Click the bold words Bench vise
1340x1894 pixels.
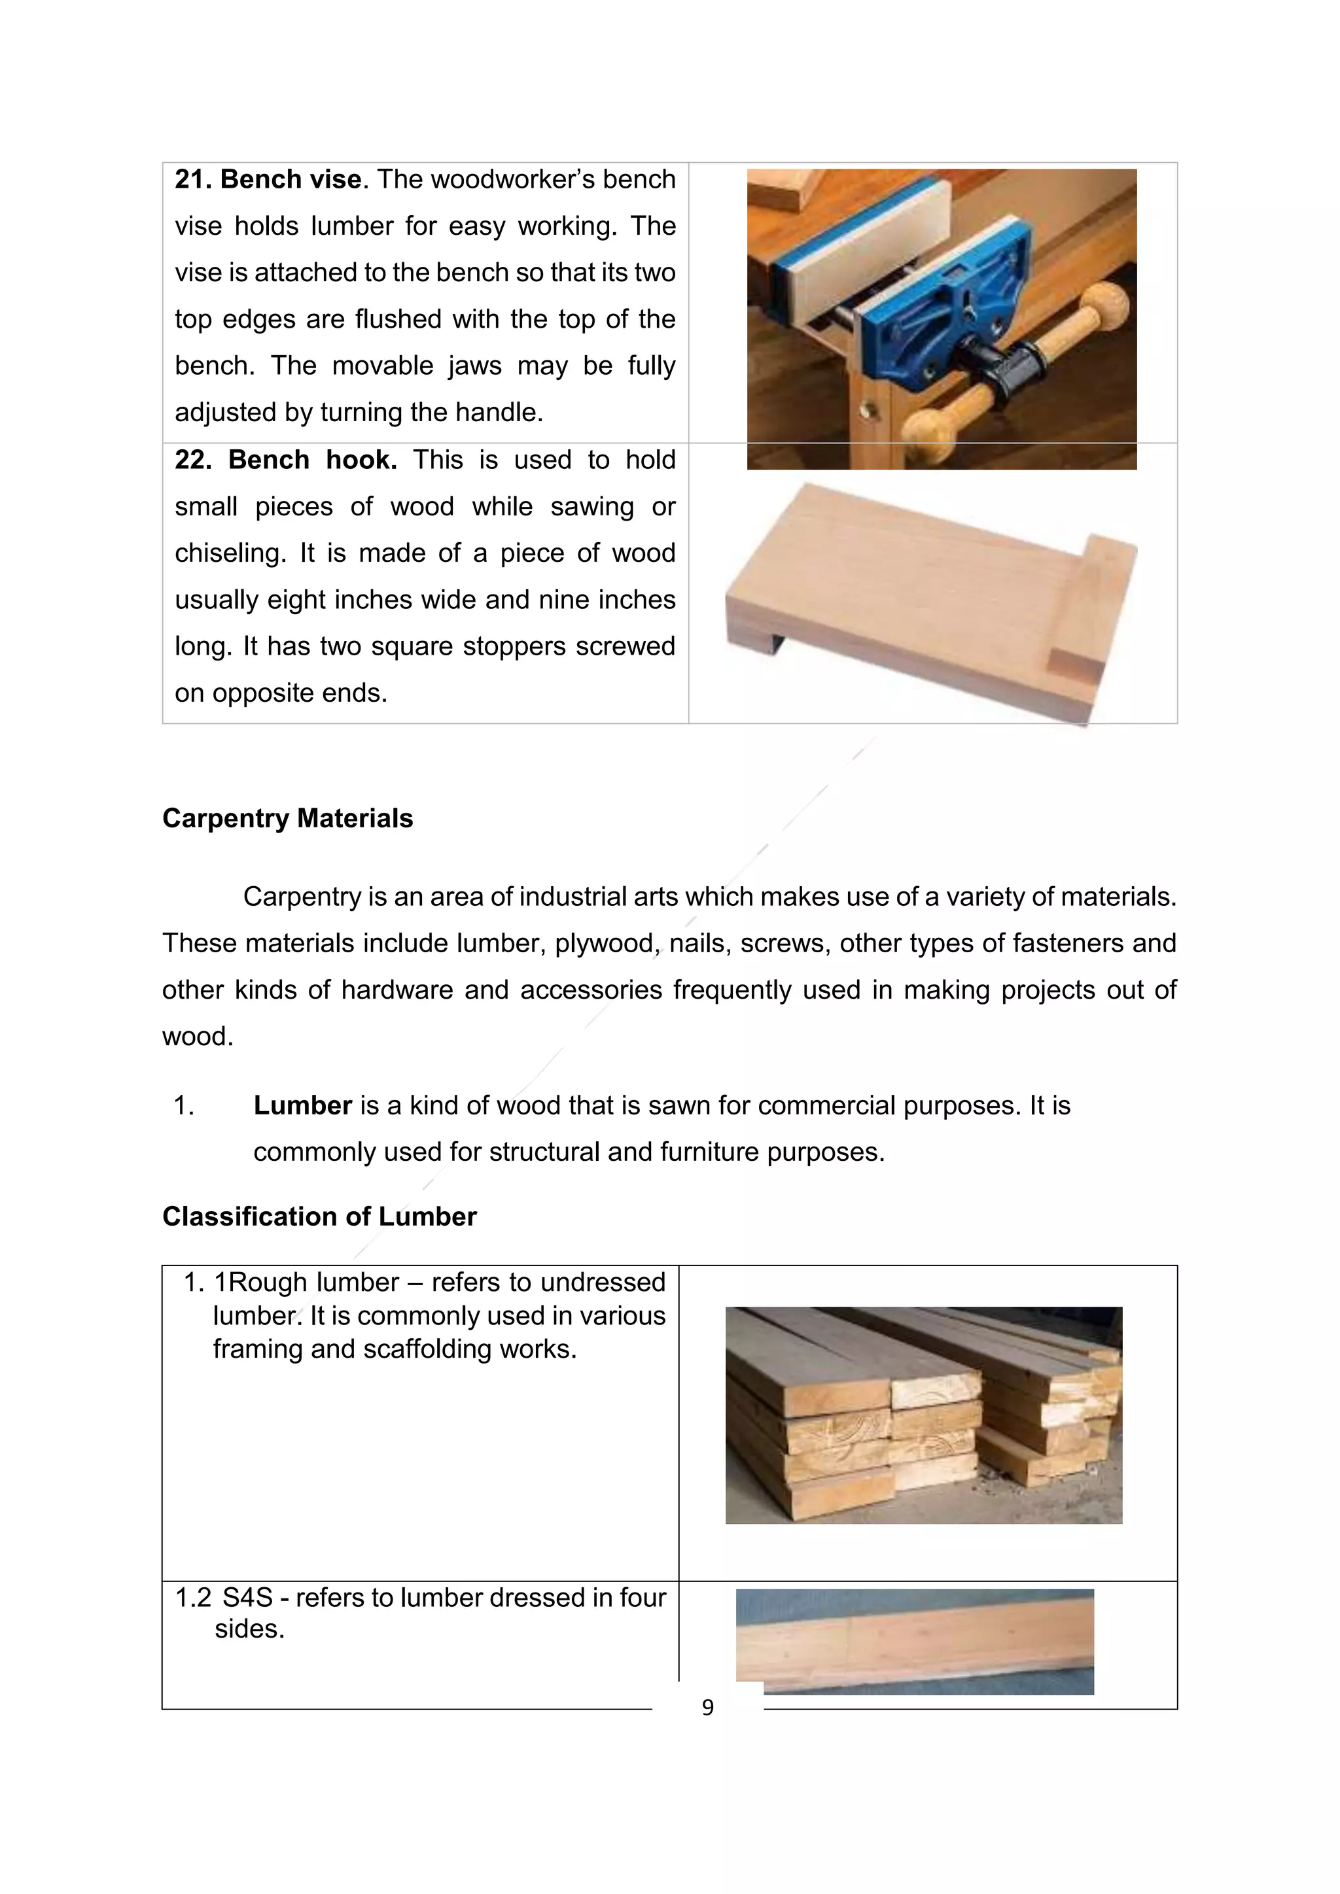291,180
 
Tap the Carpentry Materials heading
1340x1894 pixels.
287,818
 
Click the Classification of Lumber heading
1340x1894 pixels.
319,1216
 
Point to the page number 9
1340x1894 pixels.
707,1708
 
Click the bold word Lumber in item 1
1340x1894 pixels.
303,1105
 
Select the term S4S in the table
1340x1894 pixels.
247,1598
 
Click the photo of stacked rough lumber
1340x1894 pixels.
923,1414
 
